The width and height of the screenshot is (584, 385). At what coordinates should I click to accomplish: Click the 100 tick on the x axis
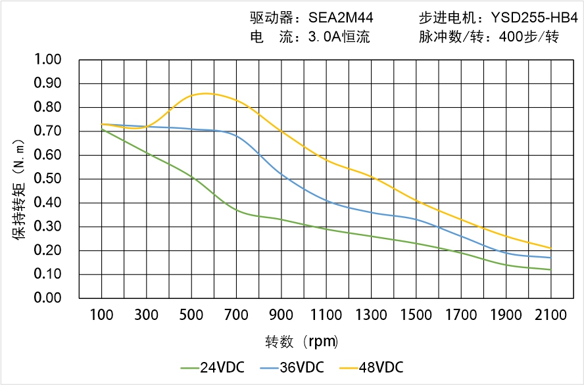[101, 315]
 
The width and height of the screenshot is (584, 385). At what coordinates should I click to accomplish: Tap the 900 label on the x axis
[281, 315]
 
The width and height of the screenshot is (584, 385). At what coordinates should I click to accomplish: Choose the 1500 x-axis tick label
[416, 315]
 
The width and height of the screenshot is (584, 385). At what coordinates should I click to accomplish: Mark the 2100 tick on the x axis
[551, 315]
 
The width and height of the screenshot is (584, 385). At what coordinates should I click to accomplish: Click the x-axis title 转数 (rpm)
[302, 342]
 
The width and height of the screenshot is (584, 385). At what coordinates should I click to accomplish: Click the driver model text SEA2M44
[340, 18]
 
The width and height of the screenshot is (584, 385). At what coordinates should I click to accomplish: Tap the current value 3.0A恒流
[339, 37]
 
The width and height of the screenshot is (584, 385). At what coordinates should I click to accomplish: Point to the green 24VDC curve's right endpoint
[551, 269]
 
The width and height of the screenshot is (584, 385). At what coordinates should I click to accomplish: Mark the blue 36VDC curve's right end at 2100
[551, 258]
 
